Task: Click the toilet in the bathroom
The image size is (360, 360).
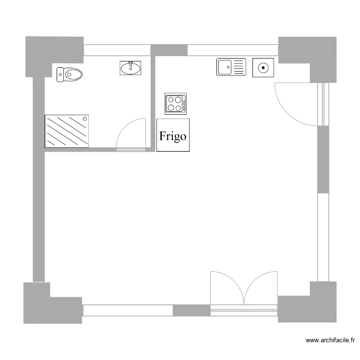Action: [x=71, y=74]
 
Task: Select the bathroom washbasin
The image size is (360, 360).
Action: [x=131, y=68]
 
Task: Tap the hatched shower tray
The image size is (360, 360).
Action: [x=67, y=131]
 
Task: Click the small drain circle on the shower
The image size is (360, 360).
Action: [x=85, y=118]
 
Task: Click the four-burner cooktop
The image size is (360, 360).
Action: [x=176, y=104]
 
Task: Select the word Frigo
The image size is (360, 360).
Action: [x=173, y=136]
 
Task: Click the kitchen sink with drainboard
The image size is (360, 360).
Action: [x=231, y=67]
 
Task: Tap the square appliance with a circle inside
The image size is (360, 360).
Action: [x=263, y=67]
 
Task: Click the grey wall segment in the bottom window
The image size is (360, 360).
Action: [x=192, y=310]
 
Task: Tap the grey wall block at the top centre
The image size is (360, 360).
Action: [x=169, y=50]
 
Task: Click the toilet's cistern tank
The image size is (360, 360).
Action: [x=60, y=74]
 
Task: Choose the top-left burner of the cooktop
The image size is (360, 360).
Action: [x=171, y=100]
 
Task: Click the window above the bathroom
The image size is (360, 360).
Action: [x=117, y=50]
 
